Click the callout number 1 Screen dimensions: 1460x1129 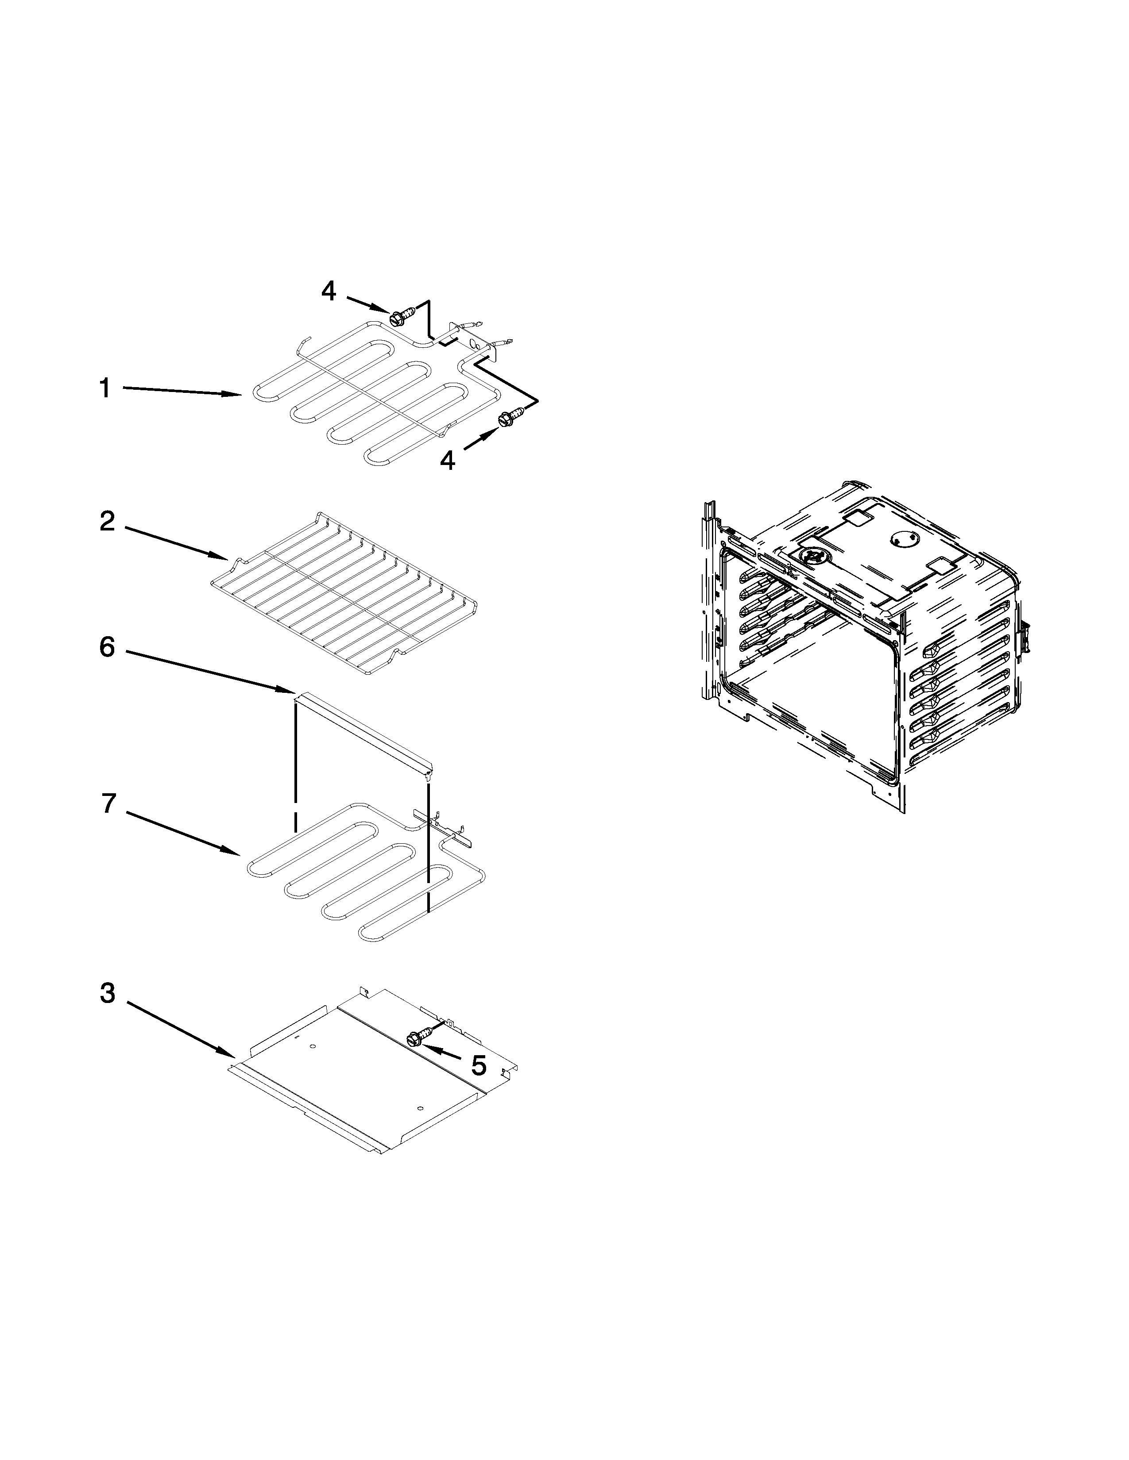pyautogui.click(x=104, y=388)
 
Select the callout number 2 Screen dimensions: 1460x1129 pyautogui.click(x=107, y=522)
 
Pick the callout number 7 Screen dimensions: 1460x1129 pyautogui.click(x=109, y=803)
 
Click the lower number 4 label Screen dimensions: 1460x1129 pyautogui.click(x=448, y=460)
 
